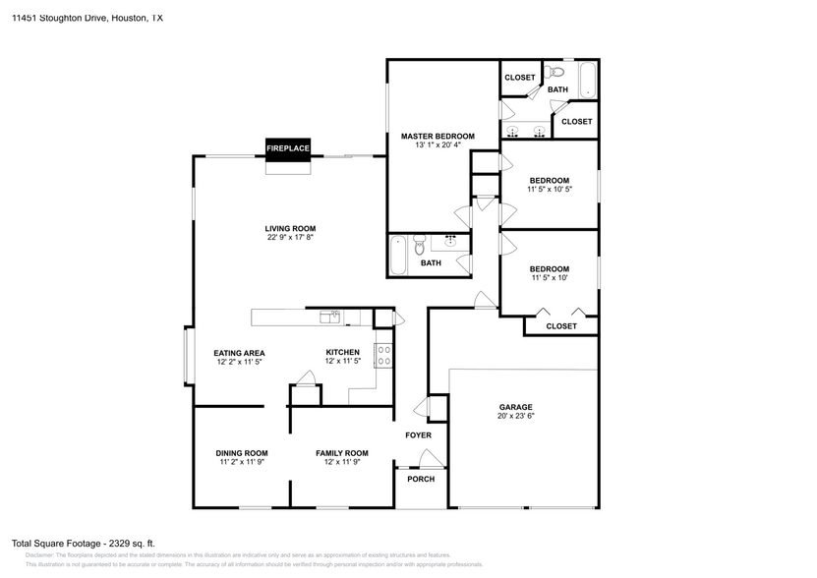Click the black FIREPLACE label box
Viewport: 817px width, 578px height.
point(288,148)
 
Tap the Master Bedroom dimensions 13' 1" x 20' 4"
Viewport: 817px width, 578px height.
point(438,145)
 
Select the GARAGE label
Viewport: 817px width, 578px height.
point(515,407)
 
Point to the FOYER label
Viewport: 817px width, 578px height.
point(419,434)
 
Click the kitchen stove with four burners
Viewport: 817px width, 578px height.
point(384,355)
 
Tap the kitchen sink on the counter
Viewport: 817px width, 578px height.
point(333,316)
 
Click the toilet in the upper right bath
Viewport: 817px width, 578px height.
point(556,72)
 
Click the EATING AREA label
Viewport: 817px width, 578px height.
point(240,353)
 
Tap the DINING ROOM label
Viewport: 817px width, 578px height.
point(241,453)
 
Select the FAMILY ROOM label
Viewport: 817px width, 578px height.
point(341,453)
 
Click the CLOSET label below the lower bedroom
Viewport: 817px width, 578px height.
point(561,325)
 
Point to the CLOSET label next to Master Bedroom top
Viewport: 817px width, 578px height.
point(519,78)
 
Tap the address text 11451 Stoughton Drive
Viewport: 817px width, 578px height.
point(68,18)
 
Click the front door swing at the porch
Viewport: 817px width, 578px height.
point(428,456)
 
